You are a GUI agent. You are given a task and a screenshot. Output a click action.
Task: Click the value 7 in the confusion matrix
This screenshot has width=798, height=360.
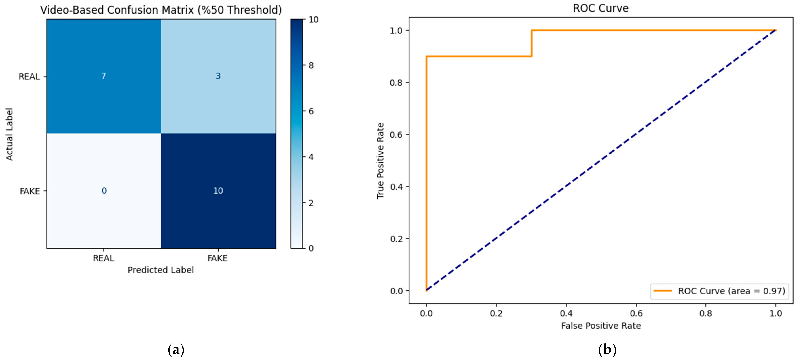click(103, 76)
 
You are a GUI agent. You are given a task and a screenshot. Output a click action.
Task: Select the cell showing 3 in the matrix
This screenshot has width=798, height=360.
click(218, 76)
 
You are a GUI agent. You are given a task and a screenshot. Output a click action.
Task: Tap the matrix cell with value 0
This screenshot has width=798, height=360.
click(104, 191)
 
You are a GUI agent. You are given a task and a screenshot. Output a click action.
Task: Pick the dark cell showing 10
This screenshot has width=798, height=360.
click(218, 191)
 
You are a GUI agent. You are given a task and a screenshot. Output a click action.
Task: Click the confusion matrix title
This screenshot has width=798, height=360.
click(161, 10)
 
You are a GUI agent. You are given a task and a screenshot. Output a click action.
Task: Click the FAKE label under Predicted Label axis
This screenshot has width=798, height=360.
click(217, 258)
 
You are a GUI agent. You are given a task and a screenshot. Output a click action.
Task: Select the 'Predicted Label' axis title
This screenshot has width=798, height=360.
click(161, 270)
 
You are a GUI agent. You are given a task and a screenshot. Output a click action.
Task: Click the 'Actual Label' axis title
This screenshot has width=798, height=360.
click(9, 134)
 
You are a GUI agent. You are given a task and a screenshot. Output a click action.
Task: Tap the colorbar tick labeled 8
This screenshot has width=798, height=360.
click(311, 65)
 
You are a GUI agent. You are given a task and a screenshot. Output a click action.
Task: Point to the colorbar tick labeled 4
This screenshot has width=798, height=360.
click(311, 157)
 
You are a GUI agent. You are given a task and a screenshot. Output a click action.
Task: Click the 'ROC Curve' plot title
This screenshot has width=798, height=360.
click(601, 8)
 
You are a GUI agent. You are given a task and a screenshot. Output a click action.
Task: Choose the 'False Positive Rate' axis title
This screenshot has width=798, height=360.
click(601, 326)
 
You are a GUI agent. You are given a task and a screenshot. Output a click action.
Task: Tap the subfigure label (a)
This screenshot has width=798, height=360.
click(176, 350)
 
